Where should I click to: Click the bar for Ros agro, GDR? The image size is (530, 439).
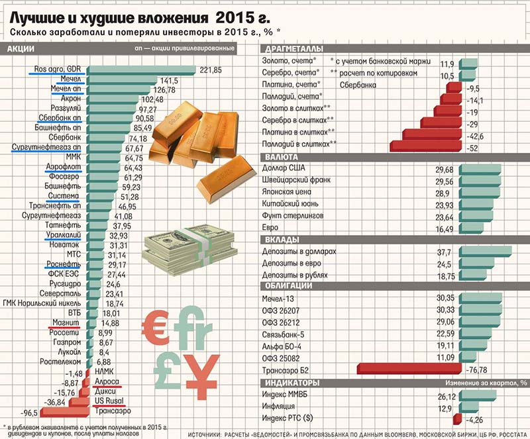[140, 70]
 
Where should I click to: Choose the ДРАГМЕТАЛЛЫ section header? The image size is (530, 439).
[294, 50]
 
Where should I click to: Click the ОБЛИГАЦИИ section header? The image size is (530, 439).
[289, 285]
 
